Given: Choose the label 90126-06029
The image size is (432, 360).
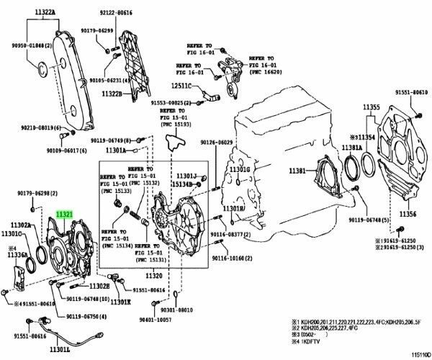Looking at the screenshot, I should pyautogui.click(x=217, y=143).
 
